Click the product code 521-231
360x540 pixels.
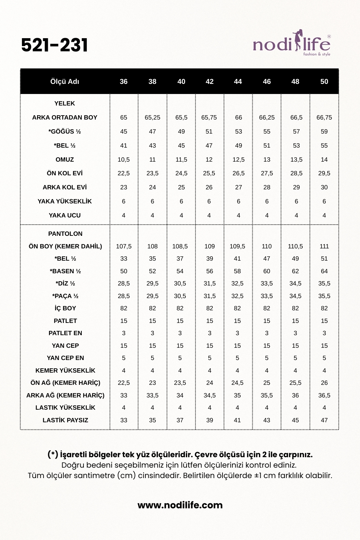click(x=54, y=45)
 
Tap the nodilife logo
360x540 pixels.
click(x=292, y=45)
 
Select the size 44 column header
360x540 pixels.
click(x=238, y=82)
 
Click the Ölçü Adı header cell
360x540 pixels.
click(x=65, y=82)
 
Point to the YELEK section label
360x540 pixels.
click(x=65, y=103)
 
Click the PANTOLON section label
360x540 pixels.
click(x=65, y=234)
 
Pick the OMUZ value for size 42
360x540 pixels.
click(x=209, y=159)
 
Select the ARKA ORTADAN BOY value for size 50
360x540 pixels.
click(x=324, y=117)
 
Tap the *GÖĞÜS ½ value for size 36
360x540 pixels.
click(x=123, y=131)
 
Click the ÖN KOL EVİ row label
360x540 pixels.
click(x=65, y=173)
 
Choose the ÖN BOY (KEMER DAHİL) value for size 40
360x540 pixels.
click(x=180, y=246)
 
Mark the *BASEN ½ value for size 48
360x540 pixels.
click(x=295, y=271)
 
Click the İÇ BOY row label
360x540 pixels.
click(x=65, y=308)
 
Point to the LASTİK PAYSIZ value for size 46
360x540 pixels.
click(x=267, y=420)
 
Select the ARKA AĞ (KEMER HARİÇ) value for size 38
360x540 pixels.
click(x=152, y=395)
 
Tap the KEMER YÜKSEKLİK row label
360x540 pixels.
click(x=65, y=370)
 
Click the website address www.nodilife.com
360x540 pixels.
click(x=180, y=505)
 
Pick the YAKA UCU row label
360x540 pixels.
click(x=65, y=215)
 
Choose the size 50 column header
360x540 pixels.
click(x=324, y=82)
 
